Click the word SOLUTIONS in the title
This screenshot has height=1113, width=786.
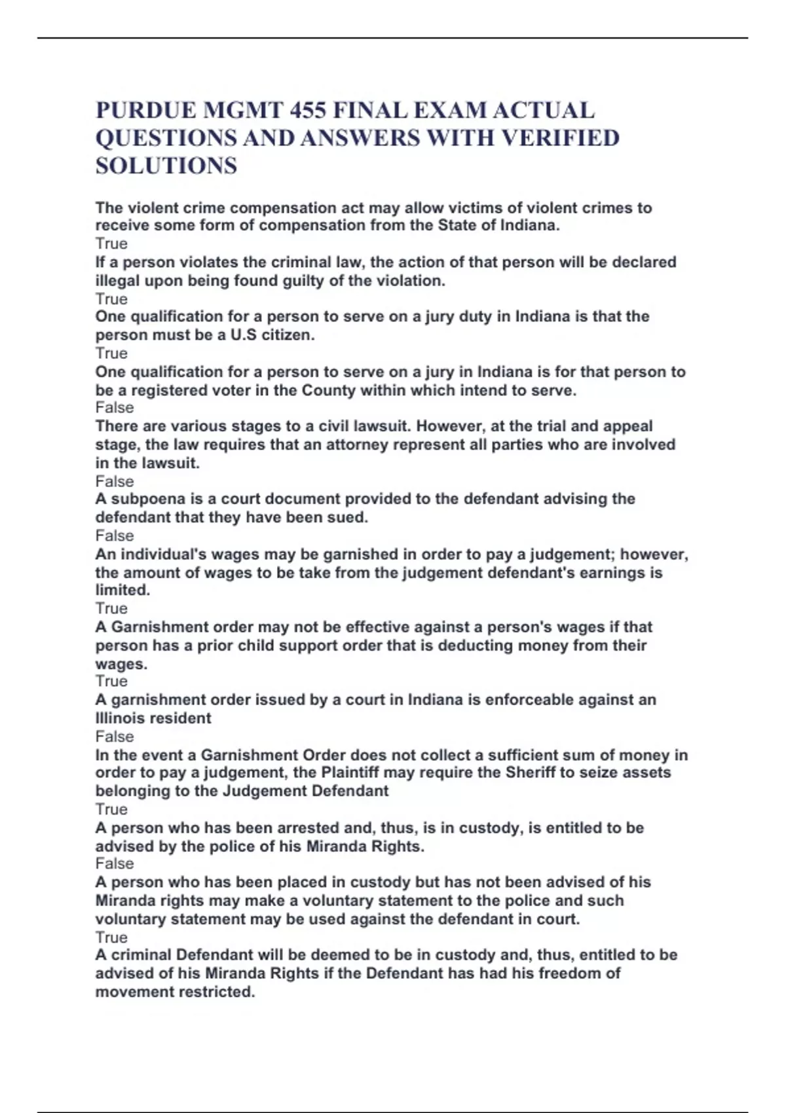(x=166, y=166)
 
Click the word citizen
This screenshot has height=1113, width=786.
(x=287, y=335)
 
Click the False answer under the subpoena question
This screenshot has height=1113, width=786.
(x=115, y=536)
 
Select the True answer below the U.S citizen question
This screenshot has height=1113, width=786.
(x=111, y=354)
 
